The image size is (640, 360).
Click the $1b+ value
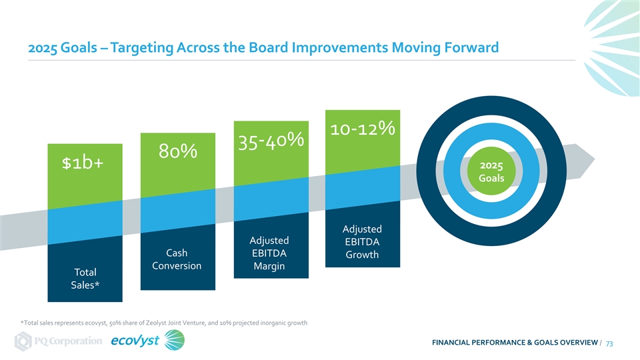coord(83,163)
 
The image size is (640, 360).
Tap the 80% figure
coord(178,151)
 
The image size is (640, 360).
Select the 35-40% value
coord(271,141)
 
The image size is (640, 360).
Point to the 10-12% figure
coord(363,129)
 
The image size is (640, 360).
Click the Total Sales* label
coord(85,279)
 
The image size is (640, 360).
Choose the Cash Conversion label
coord(177,259)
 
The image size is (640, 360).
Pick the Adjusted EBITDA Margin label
coord(269,253)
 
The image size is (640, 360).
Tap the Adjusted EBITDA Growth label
coord(362,241)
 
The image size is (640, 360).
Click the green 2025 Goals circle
coord(491,171)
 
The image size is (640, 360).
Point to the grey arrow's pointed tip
coord(595,159)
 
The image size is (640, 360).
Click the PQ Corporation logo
coord(59,341)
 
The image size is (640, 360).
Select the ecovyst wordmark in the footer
coord(135,341)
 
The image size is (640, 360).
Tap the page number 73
coord(609,344)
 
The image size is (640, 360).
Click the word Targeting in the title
coord(142,48)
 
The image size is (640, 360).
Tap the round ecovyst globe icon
coord(175,341)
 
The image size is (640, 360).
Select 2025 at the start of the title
coord(43,48)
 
